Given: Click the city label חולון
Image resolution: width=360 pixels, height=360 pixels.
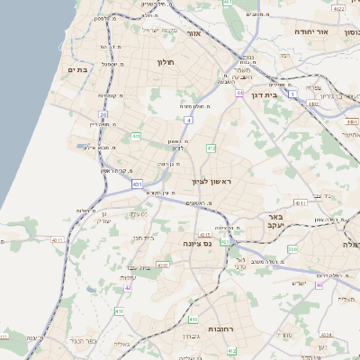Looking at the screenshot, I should (164, 63).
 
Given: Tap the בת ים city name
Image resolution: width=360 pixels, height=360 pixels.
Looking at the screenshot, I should (76, 68).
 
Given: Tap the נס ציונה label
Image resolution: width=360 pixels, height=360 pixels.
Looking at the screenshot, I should (196, 243).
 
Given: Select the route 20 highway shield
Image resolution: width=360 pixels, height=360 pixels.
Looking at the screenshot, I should (103, 115).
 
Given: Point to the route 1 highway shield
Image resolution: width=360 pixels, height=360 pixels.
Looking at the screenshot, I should (292, 94).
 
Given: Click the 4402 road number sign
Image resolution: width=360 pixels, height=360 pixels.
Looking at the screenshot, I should (313, 104).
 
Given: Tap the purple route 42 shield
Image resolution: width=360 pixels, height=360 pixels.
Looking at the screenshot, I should (128, 287).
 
